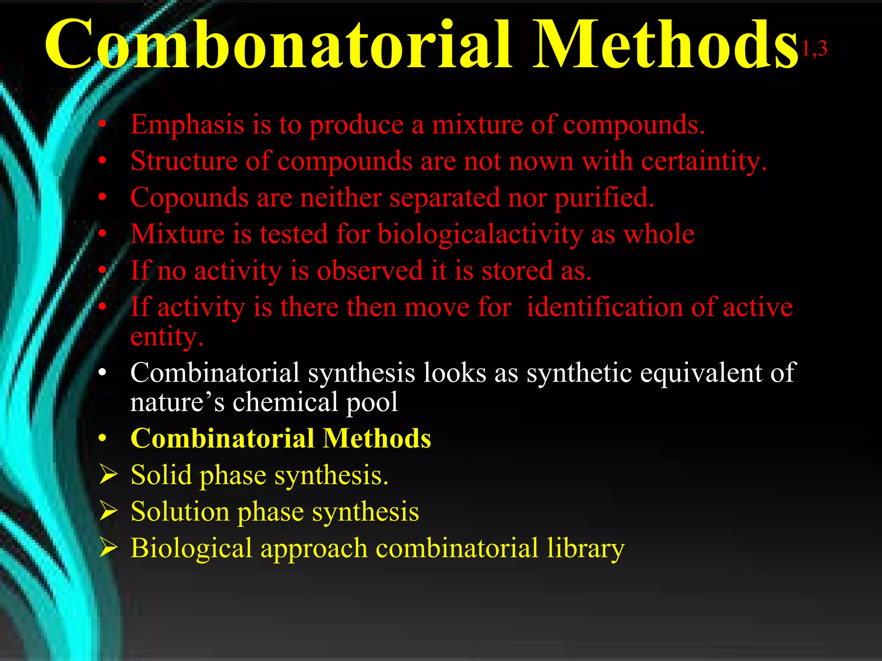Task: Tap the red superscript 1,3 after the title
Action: (x=814, y=49)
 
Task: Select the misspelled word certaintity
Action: (x=704, y=162)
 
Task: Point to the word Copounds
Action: (x=189, y=198)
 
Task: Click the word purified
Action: (x=604, y=198)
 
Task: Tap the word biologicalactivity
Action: (x=480, y=235)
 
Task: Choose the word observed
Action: (x=370, y=271)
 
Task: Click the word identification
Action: (x=604, y=308)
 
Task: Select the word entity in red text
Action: (x=166, y=337)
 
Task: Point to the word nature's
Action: (x=177, y=402)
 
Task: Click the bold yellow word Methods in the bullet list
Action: (x=377, y=439)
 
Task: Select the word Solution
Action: (x=180, y=512)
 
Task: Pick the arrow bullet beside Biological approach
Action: (x=108, y=548)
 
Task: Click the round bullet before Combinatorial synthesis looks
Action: (x=102, y=373)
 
